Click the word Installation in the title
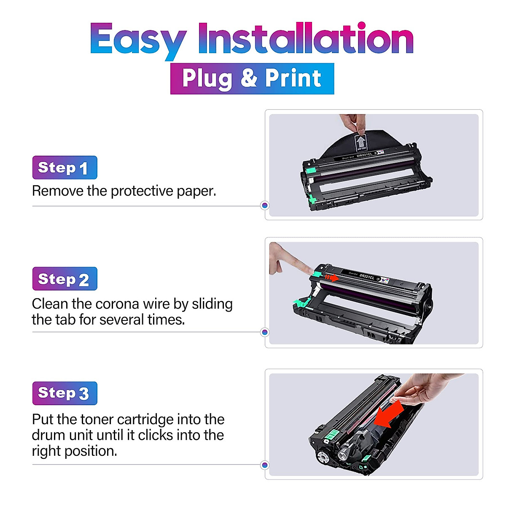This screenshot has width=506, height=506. click(x=305, y=39)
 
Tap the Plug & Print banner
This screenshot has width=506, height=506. click(x=252, y=78)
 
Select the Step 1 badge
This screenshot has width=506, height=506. click(x=65, y=167)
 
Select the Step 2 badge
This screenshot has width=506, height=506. click(x=65, y=279)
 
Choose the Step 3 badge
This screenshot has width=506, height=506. click(x=65, y=393)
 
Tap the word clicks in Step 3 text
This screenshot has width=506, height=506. click(x=156, y=435)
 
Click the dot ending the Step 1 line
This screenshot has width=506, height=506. click(x=265, y=205)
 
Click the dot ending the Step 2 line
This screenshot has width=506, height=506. click(x=265, y=332)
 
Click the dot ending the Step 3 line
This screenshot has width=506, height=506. click(x=265, y=465)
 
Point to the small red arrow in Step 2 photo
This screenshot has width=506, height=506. click(x=332, y=278)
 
